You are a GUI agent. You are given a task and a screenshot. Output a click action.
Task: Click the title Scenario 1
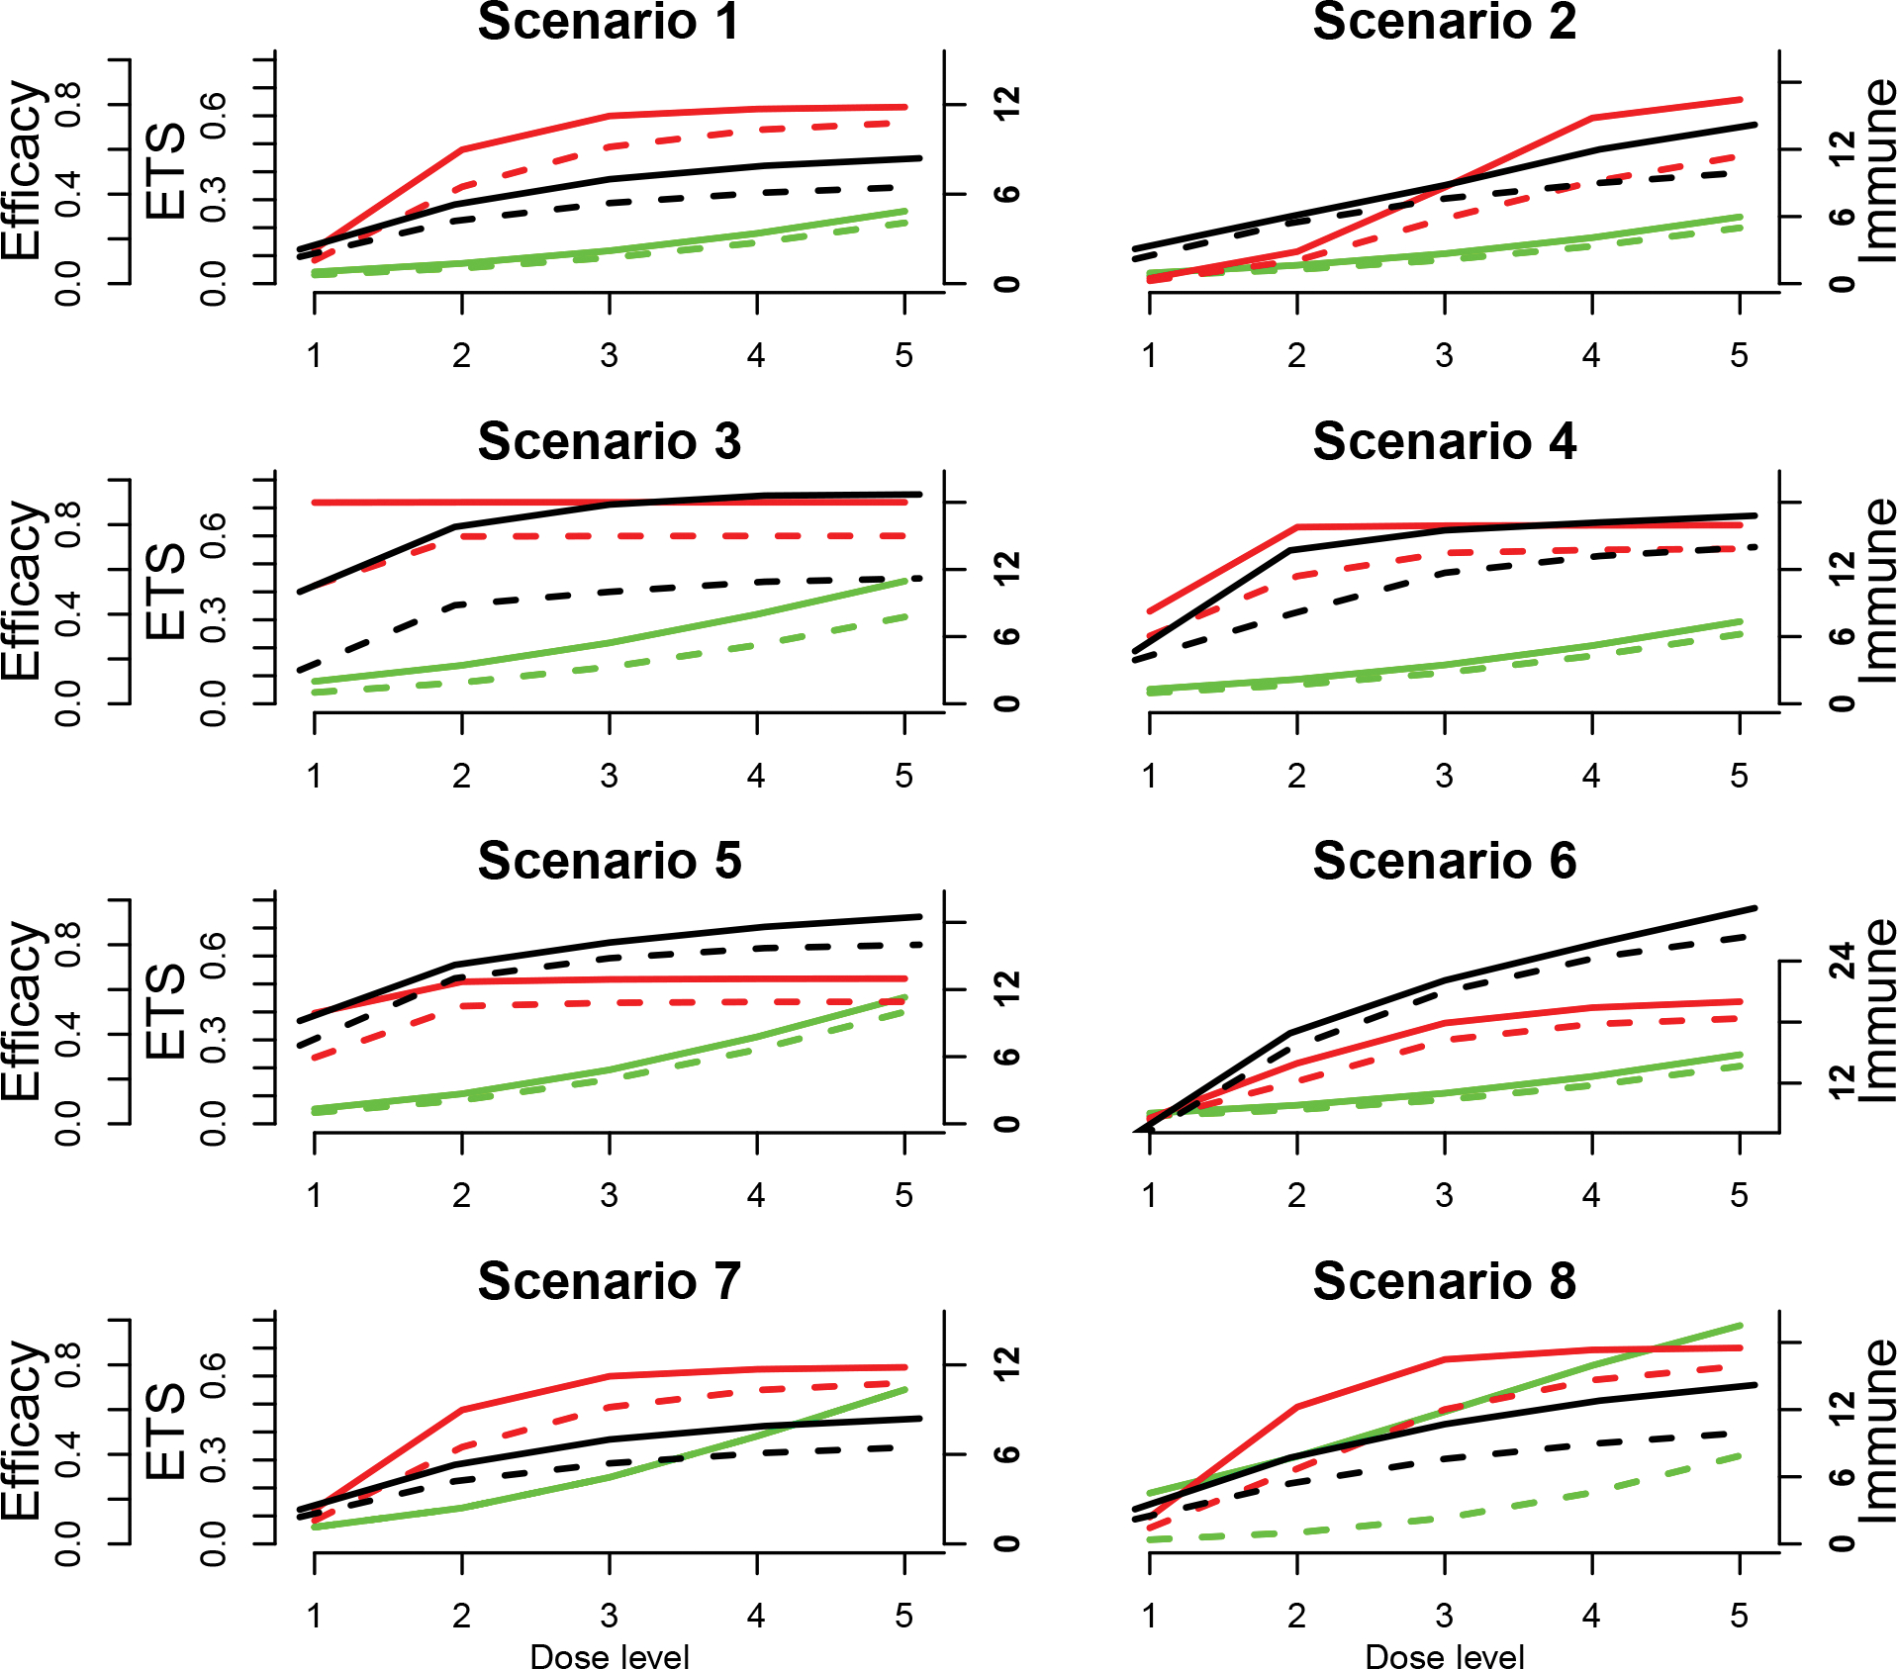pyautogui.click(x=608, y=22)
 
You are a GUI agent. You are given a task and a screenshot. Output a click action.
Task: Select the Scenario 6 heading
pyautogui.click(x=1444, y=861)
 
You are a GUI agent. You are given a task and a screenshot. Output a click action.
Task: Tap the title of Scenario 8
pyautogui.click(x=1444, y=1281)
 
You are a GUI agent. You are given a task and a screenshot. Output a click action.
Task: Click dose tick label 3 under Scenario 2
pyautogui.click(x=1444, y=355)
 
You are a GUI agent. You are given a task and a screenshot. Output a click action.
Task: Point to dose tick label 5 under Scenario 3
pyautogui.click(x=903, y=776)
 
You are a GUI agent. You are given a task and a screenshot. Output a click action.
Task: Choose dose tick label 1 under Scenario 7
pyautogui.click(x=314, y=1616)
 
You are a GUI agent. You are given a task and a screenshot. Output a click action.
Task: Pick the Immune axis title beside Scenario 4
pyautogui.click(x=1877, y=591)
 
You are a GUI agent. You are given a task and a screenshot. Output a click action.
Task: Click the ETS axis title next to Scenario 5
pyautogui.click(x=165, y=1010)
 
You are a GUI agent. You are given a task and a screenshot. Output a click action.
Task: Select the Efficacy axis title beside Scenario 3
pyautogui.click(x=22, y=591)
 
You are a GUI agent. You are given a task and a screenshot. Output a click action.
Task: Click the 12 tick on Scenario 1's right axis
pyautogui.click(x=1006, y=104)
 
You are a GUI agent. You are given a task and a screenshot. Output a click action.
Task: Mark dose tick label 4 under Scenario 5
pyautogui.click(x=756, y=1195)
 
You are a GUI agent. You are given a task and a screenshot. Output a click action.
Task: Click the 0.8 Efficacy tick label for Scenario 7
pyautogui.click(x=67, y=1365)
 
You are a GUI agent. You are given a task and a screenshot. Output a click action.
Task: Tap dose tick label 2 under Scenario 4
pyautogui.click(x=1296, y=776)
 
